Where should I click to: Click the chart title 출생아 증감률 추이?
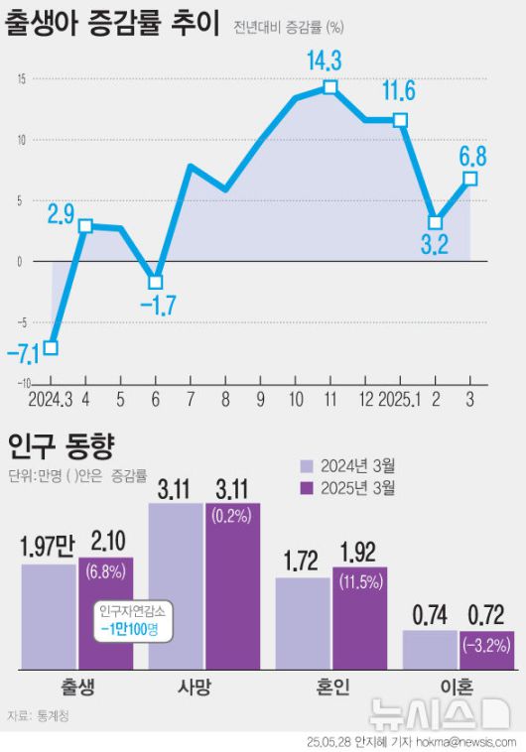(111, 24)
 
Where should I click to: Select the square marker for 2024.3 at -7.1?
(51, 347)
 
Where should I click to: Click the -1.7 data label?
(157, 306)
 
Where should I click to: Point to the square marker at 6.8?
(470, 179)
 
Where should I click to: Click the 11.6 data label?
(398, 93)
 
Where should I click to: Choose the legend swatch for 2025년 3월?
(308, 487)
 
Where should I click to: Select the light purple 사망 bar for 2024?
(176, 585)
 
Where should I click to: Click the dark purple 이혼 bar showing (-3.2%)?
(486, 650)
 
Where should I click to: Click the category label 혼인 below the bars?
(331, 688)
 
